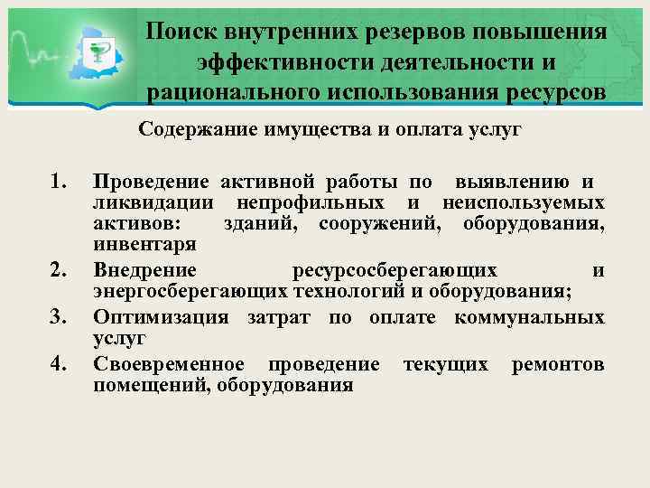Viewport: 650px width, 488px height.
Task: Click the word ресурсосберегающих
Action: click(x=395, y=270)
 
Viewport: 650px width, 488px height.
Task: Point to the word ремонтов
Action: click(x=558, y=364)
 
